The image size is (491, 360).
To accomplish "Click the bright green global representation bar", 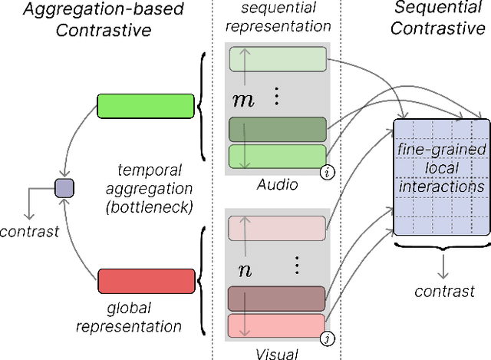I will coord(146,106).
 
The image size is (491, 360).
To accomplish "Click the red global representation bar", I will coord(146,281).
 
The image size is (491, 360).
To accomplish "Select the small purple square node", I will coord(64,186).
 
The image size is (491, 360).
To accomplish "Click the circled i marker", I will coord(328,173).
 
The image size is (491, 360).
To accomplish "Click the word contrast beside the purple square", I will coord(30,230).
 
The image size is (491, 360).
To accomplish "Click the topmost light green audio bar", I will coord(276,59).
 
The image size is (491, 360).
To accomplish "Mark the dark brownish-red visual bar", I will coord(276,298).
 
